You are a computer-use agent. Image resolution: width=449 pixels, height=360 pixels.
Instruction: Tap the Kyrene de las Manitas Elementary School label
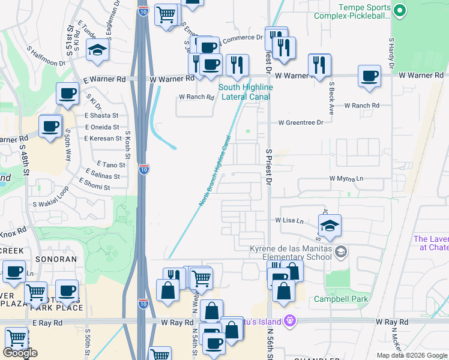[291, 253]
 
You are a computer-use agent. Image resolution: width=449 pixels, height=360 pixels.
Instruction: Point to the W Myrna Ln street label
[346, 179]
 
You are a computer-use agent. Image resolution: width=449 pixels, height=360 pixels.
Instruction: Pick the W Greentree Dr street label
[300, 122]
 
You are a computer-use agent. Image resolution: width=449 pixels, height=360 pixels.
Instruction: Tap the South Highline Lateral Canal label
[245, 92]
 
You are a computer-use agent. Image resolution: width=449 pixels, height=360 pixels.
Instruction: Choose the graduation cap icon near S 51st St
[97, 51]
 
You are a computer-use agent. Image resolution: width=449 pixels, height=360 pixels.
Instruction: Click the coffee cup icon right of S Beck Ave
[369, 76]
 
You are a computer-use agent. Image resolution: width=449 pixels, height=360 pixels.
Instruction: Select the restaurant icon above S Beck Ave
[319, 65]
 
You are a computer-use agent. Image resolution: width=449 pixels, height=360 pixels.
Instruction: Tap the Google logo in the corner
[20, 353]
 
